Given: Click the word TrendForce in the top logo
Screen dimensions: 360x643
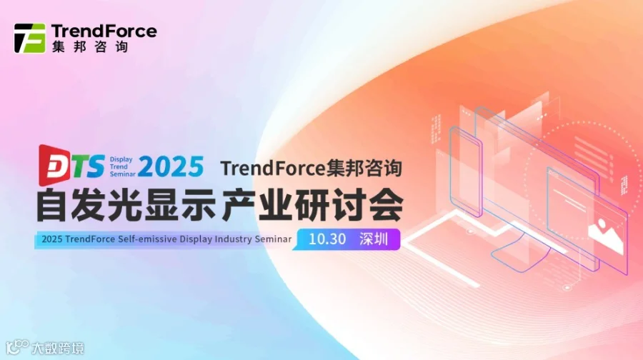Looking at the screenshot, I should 104,31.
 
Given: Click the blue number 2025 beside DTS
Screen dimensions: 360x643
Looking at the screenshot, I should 171,166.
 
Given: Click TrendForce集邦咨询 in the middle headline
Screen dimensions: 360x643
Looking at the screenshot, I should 311,169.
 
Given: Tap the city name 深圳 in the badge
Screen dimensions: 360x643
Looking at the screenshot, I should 374,239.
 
